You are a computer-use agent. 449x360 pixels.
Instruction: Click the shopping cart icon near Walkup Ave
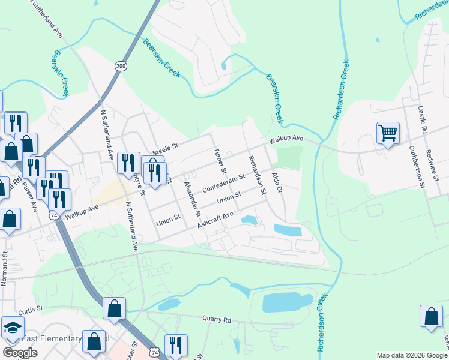tap(388, 133)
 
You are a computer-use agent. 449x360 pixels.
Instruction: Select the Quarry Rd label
tap(217, 319)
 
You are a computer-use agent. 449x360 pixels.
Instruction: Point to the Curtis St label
tap(31, 310)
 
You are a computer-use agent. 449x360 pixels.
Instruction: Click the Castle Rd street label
tap(422, 119)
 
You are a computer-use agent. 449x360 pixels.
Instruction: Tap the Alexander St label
tap(193, 199)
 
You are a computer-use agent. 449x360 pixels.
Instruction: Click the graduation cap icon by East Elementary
tap(12, 327)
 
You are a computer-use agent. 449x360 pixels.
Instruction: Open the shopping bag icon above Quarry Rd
tap(114, 309)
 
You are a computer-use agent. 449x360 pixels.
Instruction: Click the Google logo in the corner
tap(20, 353)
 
